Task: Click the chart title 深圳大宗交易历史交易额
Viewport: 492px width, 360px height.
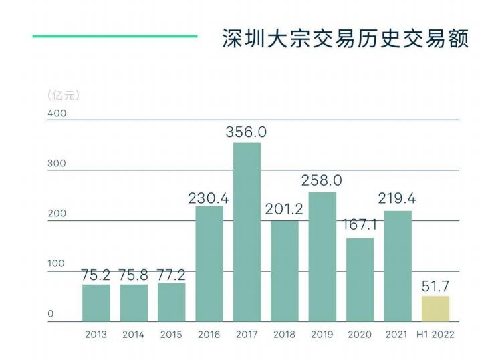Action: click(x=345, y=38)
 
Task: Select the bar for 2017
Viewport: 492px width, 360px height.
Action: click(x=247, y=232)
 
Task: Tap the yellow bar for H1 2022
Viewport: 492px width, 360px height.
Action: click(x=435, y=309)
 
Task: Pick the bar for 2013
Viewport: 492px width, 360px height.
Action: click(x=96, y=303)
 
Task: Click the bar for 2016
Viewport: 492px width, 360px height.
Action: click(x=209, y=264)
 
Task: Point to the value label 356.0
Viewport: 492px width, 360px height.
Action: click(x=246, y=132)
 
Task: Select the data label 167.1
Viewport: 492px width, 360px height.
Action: click(x=360, y=225)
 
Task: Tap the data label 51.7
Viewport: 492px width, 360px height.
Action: click(x=435, y=286)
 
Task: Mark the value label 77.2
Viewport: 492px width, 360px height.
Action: click(x=172, y=273)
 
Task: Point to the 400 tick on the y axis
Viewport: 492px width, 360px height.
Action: click(x=57, y=114)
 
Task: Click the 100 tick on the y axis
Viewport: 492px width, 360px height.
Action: click(x=57, y=264)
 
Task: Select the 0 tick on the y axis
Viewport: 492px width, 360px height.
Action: click(x=50, y=314)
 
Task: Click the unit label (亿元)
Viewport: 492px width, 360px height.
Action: click(x=64, y=96)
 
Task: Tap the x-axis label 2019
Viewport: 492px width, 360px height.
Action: click(x=322, y=335)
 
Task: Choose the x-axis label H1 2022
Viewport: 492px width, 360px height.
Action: click(x=435, y=335)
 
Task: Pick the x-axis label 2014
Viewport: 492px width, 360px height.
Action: click(x=133, y=335)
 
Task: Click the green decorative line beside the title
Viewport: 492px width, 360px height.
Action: click(x=115, y=36)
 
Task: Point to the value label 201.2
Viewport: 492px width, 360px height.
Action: click(x=283, y=209)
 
